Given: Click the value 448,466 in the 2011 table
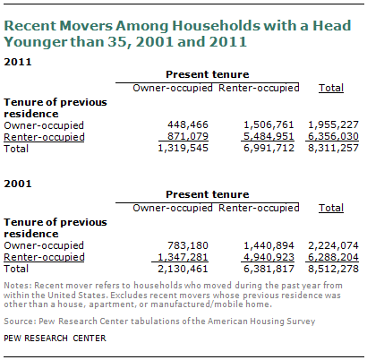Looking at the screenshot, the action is coord(188,124).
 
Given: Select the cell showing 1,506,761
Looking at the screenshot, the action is coord(269,124).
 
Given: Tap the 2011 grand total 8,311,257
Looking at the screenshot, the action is coord(333,148).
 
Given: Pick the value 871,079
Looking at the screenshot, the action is coord(188,136).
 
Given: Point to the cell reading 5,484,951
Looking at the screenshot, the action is coord(269,136).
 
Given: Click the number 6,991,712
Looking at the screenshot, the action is coord(269,148).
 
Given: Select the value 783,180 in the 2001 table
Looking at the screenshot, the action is coord(188,245).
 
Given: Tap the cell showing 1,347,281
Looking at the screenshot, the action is coord(183,257).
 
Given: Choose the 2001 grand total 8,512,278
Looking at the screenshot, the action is coord(333,269).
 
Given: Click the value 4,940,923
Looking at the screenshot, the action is coord(269,257).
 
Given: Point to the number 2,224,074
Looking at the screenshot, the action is coord(333,245).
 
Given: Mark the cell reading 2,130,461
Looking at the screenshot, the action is coord(183,269).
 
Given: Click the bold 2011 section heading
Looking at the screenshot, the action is coord(18,62).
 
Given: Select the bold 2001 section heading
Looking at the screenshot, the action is coord(18,184).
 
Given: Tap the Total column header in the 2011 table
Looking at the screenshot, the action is coord(331,88).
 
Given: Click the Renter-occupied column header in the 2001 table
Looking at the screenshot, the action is coord(259,208).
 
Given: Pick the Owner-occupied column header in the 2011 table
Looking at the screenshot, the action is coord(173,88).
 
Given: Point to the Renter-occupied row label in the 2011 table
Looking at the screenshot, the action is coord(44,137).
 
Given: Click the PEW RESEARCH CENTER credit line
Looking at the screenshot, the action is coord(55,339).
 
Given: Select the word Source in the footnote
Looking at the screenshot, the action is coord(20,321).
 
